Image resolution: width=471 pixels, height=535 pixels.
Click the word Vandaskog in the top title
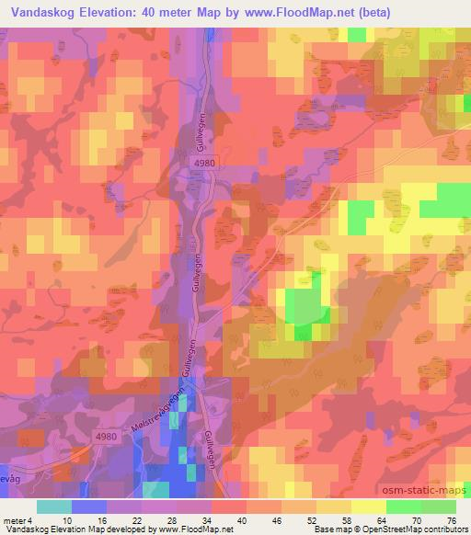42,12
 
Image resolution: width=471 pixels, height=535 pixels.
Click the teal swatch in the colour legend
54,507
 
